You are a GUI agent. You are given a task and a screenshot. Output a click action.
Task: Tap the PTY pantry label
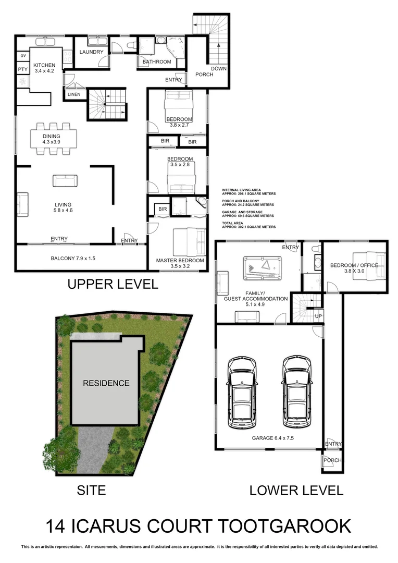point(22,69)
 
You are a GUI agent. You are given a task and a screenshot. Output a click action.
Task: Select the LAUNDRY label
point(92,52)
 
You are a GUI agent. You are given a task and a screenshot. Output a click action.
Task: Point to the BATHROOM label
point(157,62)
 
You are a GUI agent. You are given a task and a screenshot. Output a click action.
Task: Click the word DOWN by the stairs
point(219,69)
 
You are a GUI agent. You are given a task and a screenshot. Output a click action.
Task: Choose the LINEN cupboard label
point(73,94)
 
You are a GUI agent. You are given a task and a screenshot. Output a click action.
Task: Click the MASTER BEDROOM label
point(180,261)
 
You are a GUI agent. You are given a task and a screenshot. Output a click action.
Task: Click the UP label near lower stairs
point(318,316)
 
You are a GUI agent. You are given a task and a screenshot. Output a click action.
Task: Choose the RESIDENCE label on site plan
point(106,383)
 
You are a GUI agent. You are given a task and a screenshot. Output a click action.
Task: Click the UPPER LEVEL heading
point(113,284)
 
